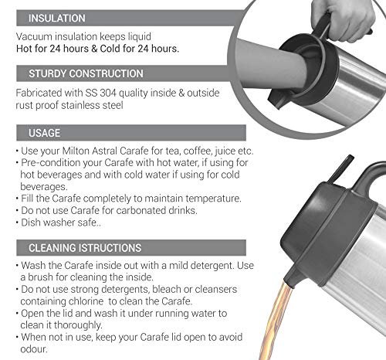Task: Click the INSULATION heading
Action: pos(57,19)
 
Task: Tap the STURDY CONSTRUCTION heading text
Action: pos(86,73)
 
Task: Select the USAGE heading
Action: pos(44,133)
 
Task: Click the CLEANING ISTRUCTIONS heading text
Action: pos(85,248)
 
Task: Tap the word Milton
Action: pos(76,151)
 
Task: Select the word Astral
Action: pos(104,151)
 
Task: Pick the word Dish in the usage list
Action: pos(31,222)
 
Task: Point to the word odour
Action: pos(34,349)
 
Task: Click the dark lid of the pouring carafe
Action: pos(327,232)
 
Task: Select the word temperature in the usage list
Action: pos(213,199)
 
